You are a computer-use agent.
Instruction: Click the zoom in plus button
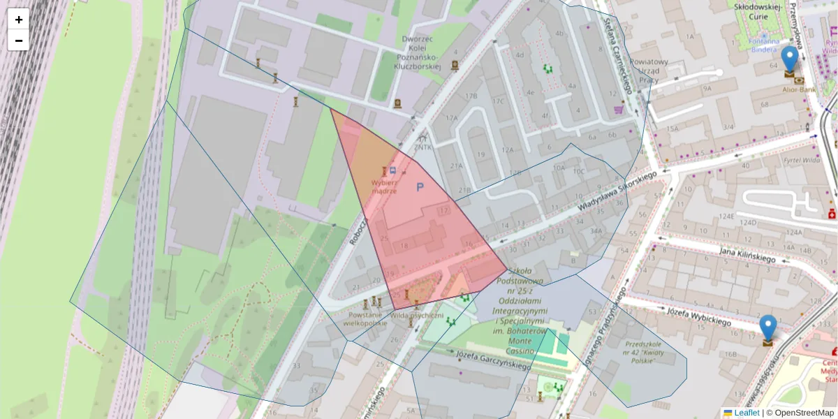18,20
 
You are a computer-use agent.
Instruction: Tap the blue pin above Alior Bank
790,60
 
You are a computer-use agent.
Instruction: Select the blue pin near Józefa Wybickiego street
767,328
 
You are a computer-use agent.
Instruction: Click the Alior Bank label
799,90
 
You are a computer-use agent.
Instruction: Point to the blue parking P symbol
420,187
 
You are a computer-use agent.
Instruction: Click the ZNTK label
422,147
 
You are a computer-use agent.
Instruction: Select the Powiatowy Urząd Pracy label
649,71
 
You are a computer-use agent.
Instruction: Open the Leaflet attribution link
747,413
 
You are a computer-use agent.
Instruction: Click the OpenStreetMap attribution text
804,413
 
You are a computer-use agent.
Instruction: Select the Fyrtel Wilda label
801,160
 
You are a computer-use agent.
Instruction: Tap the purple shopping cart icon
618,109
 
